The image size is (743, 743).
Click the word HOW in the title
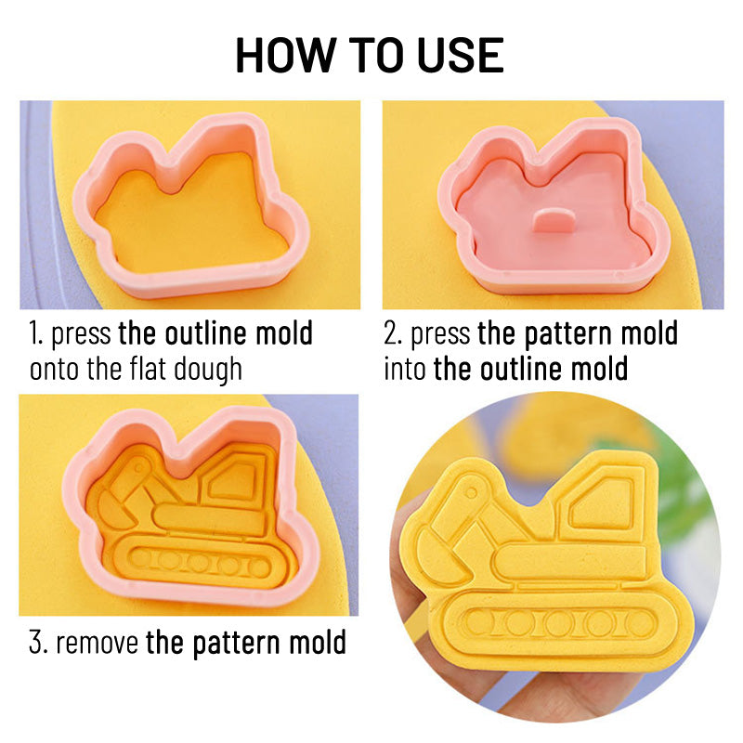pos(286,56)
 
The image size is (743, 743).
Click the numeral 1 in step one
pos(33,333)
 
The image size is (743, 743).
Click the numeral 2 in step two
pos(391,333)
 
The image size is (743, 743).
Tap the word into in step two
pos(405,369)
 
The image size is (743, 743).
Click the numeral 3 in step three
pos(35,643)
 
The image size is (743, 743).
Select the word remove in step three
pos(98,644)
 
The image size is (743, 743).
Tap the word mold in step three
pos(318,643)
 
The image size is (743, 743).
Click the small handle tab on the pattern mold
pos(554,220)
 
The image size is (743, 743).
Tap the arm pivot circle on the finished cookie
pos(471,492)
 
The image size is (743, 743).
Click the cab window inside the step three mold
pos(233,480)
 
